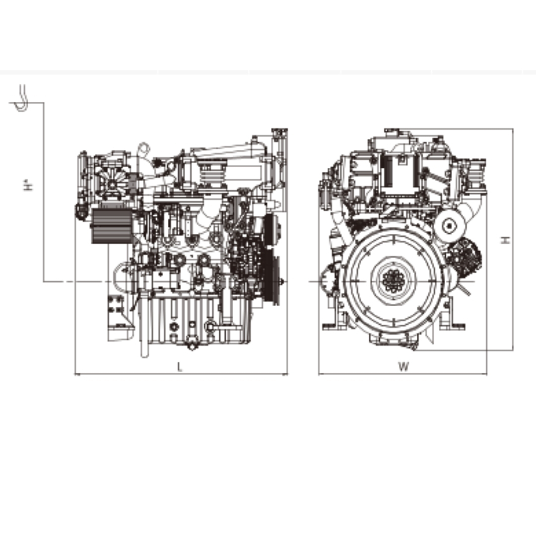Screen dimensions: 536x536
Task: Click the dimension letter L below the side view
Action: tap(179, 367)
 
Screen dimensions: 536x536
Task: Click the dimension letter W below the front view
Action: tap(403, 367)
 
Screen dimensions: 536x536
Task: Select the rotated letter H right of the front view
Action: tap(506, 240)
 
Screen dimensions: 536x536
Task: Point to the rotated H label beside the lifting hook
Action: tap(29, 185)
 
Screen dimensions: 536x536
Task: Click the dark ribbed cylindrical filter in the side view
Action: tap(112, 226)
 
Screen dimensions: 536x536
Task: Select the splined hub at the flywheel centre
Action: tap(394, 281)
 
